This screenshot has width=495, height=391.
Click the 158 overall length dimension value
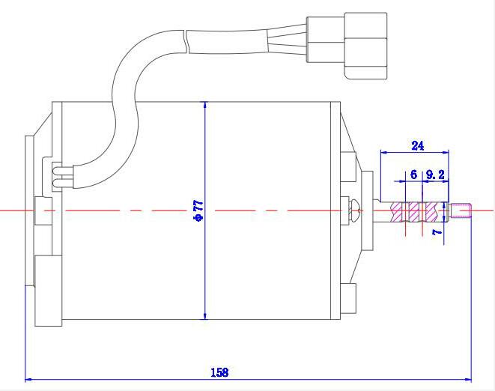(x=219, y=372)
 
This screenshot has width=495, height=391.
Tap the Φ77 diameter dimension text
(x=198, y=210)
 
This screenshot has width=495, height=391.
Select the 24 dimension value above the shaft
(x=418, y=145)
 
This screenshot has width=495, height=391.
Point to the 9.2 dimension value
(x=435, y=175)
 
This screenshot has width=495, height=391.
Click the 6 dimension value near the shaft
(x=413, y=175)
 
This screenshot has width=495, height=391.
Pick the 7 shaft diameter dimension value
(x=437, y=232)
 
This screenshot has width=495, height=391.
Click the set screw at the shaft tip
(x=461, y=210)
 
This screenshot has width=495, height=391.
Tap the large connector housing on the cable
(x=365, y=46)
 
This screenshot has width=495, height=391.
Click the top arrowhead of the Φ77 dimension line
(x=205, y=105)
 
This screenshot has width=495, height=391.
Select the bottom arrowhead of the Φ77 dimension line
(x=205, y=316)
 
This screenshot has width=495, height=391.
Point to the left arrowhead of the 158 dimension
(x=28, y=379)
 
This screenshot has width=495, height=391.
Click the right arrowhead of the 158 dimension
(x=467, y=379)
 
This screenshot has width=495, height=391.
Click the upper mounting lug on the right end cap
(x=348, y=167)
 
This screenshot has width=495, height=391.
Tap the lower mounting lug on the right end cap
(x=348, y=298)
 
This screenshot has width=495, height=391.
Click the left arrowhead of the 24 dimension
(x=384, y=152)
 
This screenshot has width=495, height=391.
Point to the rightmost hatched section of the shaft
(x=431, y=212)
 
